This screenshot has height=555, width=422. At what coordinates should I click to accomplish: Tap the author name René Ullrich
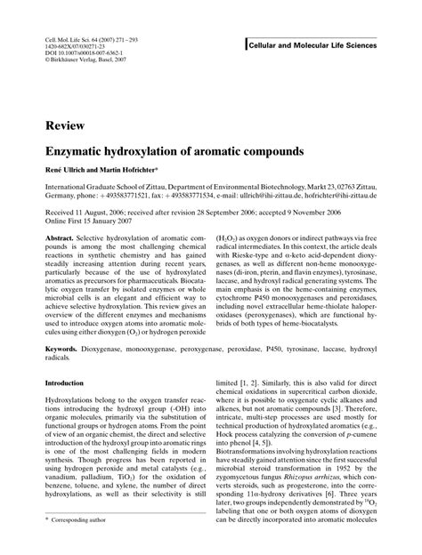coord(65,170)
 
